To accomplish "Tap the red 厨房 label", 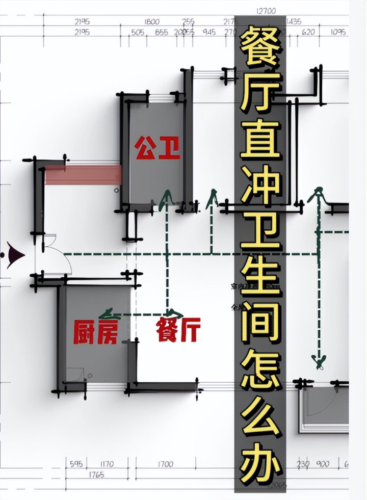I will (96, 331).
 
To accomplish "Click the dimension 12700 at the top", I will (266, 11).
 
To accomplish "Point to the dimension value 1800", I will (152, 22).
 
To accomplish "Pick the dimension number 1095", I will (338, 32).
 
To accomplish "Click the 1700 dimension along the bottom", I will (165, 464).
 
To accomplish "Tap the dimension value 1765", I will (96, 475).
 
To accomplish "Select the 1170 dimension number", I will (107, 464).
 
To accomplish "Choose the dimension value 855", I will (162, 32).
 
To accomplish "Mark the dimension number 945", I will (209, 32).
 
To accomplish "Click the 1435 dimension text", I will (294, 22).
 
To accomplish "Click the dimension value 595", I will (76, 464).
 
